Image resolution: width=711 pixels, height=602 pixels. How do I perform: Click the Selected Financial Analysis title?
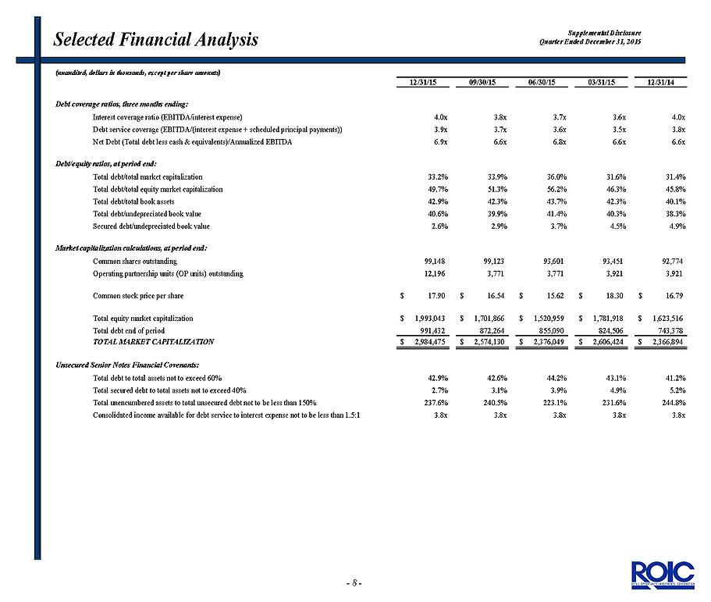(x=155, y=40)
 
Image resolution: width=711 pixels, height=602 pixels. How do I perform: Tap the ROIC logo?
(x=663, y=575)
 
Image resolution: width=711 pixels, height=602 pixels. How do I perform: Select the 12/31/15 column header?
(x=422, y=82)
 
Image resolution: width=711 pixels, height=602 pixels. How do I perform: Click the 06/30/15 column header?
(x=542, y=82)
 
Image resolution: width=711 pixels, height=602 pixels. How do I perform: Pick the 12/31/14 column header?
(x=660, y=82)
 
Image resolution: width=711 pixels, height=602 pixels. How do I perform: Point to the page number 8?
(x=354, y=583)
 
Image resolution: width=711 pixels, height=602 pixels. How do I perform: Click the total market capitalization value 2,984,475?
(x=430, y=342)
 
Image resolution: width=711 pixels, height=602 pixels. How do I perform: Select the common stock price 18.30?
(x=614, y=296)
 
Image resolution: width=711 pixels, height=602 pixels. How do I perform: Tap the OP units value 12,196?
(x=435, y=273)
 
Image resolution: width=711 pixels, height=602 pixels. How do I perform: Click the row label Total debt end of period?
(x=129, y=331)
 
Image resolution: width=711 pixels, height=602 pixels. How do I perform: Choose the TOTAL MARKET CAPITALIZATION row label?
(x=153, y=342)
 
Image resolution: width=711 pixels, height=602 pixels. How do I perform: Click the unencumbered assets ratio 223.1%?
(x=556, y=402)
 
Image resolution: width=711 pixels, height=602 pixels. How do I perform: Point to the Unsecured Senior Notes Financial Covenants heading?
(x=127, y=365)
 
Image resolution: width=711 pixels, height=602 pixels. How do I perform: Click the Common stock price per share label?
(x=138, y=296)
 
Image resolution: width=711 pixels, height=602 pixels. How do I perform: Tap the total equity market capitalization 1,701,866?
(x=489, y=319)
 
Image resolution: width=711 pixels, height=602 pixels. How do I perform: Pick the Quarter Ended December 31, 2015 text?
(x=590, y=41)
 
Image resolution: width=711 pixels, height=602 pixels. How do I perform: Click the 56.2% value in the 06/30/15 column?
(x=556, y=189)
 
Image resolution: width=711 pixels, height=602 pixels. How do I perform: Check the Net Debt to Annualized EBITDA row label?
(x=192, y=142)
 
